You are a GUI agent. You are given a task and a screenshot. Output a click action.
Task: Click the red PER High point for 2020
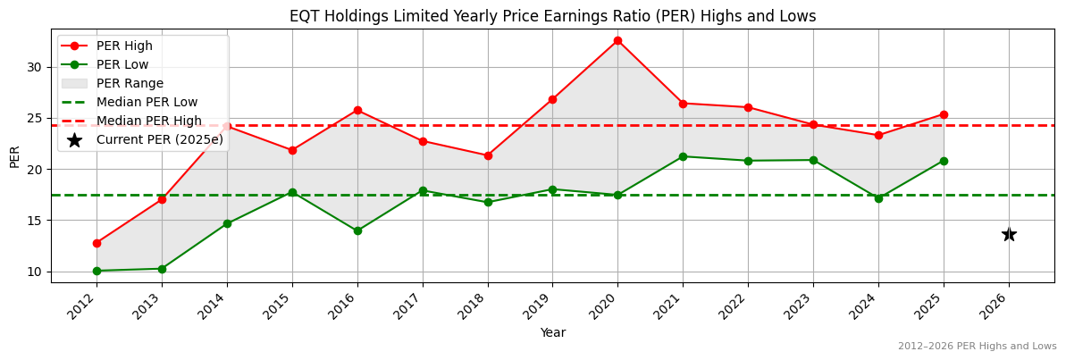pyautogui.click(x=617, y=40)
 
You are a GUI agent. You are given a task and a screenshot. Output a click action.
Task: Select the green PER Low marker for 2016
pyautogui.click(x=357, y=230)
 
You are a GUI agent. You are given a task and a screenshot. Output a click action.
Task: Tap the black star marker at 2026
pyautogui.click(x=1009, y=234)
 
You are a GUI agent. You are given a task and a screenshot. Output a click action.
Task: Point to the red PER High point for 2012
pyautogui.click(x=97, y=243)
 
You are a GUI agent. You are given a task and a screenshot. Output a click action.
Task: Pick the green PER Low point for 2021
pyautogui.click(x=683, y=156)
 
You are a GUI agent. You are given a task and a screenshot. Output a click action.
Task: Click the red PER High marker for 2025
pyautogui.click(x=944, y=114)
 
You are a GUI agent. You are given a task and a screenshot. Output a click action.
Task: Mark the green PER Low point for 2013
pyautogui.click(x=162, y=269)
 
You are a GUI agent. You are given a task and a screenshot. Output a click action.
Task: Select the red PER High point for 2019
pyautogui.click(x=552, y=99)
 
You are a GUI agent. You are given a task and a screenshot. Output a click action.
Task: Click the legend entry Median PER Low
pyautogui.click(x=147, y=102)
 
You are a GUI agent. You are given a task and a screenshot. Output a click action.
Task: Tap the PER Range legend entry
pyautogui.click(x=130, y=83)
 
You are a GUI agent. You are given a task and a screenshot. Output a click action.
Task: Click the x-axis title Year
pyautogui.click(x=552, y=332)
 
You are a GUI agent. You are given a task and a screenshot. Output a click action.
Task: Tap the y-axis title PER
pyautogui.click(x=14, y=156)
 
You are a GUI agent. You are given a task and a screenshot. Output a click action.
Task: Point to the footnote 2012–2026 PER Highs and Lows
pyautogui.click(x=977, y=346)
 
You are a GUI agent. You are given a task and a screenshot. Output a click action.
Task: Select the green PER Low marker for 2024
pyautogui.click(x=878, y=198)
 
